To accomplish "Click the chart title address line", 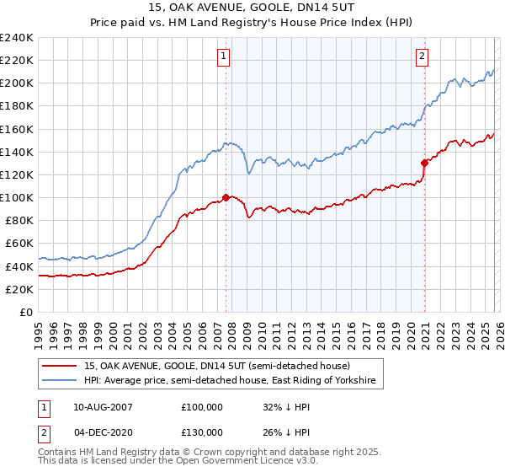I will tap(252, 8).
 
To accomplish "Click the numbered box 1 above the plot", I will tap(225, 56).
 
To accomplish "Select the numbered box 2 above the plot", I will tap(422, 56).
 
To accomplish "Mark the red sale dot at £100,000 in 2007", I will tap(226, 197).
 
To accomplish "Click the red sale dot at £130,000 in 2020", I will tap(424, 164).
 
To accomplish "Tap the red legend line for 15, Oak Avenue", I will tap(61, 366).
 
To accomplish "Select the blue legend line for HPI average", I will tap(61, 381).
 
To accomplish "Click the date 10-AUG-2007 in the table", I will tap(104, 406).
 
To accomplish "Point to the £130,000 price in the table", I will tap(202, 432).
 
